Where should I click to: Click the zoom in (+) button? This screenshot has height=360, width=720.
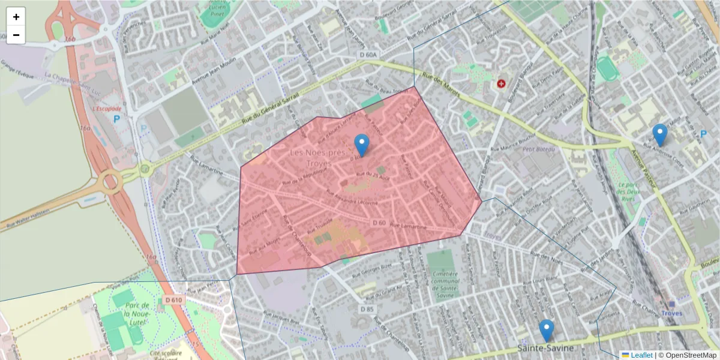point(16,17)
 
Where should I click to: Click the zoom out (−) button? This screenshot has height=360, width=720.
point(16,35)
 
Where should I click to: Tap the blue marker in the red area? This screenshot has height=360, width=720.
point(362,145)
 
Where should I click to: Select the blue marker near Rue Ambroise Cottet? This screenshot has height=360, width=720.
point(659,134)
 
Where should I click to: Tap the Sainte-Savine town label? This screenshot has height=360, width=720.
point(545,348)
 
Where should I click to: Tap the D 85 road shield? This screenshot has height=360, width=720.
point(367,308)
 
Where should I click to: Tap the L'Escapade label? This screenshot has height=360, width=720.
point(107,109)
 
